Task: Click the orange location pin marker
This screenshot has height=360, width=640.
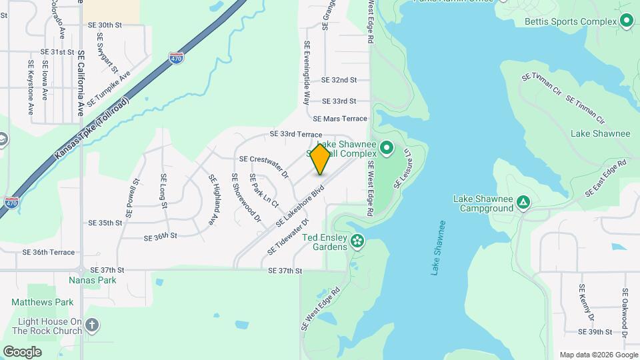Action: pos(321,159)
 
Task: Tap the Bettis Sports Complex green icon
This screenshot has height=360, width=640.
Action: pos(626,21)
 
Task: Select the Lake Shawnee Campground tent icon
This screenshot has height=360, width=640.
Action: pos(524,202)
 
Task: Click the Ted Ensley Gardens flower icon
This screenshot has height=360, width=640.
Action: pos(358,240)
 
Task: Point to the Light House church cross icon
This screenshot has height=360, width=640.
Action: pos(92,325)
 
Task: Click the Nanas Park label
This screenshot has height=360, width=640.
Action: pos(93,280)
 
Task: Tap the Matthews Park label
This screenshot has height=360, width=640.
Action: pos(42,302)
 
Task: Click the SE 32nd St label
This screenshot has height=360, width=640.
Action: pos(339,79)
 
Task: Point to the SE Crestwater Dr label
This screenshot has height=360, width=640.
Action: pos(263,167)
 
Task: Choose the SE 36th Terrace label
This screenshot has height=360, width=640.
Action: pos(49,252)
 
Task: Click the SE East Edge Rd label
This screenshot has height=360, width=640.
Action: pos(606,178)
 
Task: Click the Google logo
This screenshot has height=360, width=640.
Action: pos(22,351)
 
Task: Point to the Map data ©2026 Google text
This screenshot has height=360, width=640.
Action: pos(597,355)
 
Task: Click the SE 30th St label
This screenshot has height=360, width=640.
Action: pos(105,25)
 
